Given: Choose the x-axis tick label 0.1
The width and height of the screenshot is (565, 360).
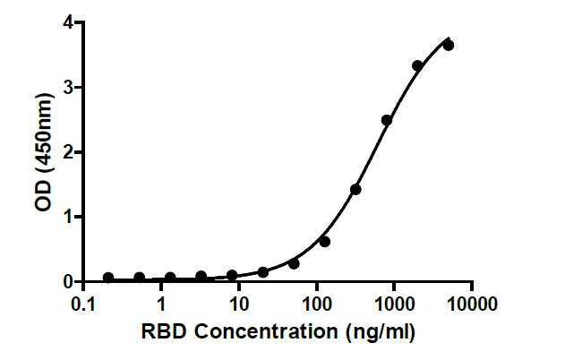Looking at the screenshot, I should pyautogui.click(x=83, y=304).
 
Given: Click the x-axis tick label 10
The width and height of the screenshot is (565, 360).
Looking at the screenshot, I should pyautogui.click(x=239, y=304).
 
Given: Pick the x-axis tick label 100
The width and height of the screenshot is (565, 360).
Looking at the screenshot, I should pyautogui.click(x=316, y=304).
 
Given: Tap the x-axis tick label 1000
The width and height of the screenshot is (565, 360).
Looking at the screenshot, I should pyautogui.click(x=394, y=304).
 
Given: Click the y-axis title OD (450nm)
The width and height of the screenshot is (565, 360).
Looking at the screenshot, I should pyautogui.click(x=42, y=152).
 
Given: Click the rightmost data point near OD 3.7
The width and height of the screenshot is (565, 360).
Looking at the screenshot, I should pyautogui.click(x=449, y=45).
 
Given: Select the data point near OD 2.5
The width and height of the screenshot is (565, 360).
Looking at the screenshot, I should pyautogui.click(x=387, y=120).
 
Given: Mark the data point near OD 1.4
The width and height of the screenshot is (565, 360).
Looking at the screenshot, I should pyautogui.click(x=355, y=189).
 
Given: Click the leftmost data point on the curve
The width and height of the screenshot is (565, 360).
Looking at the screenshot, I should pyautogui.click(x=108, y=278).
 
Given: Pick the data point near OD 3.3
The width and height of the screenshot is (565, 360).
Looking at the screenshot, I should pyautogui.click(x=417, y=65).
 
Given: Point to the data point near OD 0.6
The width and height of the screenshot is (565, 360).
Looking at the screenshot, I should pyautogui.click(x=325, y=241).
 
